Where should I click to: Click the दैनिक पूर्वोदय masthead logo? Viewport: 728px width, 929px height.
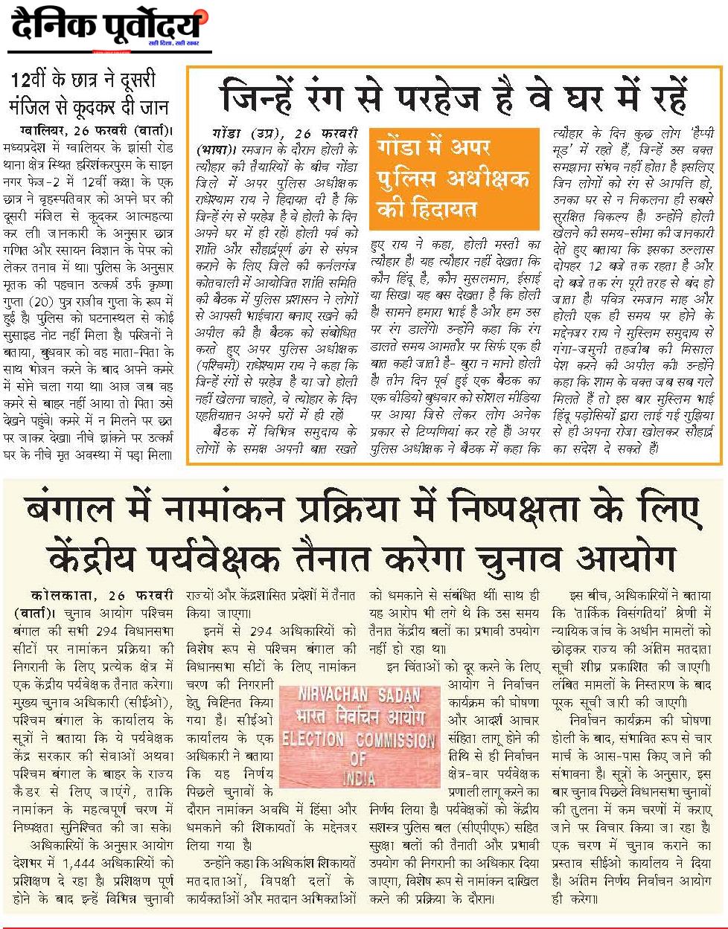(x=106, y=28)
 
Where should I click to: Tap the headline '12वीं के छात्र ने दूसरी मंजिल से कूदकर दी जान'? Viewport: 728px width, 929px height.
(x=89, y=93)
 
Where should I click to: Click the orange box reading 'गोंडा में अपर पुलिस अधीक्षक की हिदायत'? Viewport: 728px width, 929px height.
(x=453, y=179)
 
